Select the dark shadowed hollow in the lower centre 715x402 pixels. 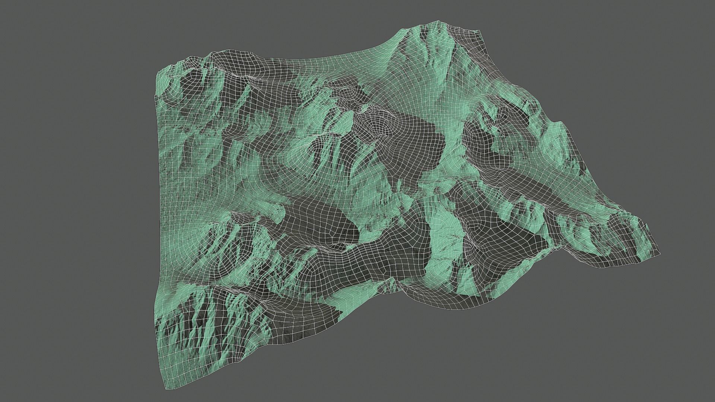[320, 223]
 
